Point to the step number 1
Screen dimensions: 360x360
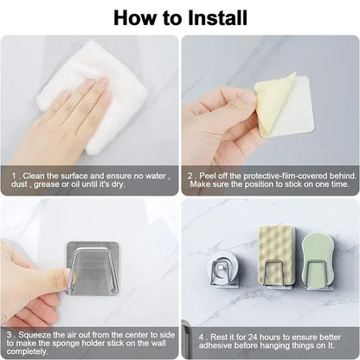[13, 173]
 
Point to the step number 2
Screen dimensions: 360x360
[191, 173]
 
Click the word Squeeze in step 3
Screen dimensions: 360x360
[40, 333]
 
